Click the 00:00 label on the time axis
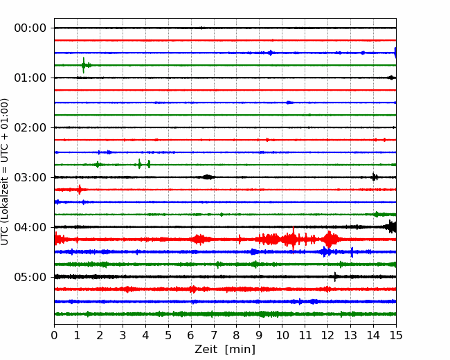(x=30, y=28)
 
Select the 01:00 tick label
(x=30, y=78)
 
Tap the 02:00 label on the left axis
(x=30, y=127)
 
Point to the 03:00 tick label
(x=30, y=177)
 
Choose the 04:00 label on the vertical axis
(x=30, y=227)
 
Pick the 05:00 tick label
(x=30, y=277)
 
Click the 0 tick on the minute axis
(x=54, y=335)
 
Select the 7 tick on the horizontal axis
(x=214, y=335)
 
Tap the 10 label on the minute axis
(x=282, y=335)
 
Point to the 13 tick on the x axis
(x=350, y=335)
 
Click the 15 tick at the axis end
(x=396, y=335)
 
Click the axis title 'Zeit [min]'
(x=225, y=350)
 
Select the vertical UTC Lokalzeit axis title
(x=5, y=172)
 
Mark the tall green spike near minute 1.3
(x=84, y=65)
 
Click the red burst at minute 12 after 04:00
(x=330, y=239)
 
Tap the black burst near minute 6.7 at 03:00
(x=208, y=177)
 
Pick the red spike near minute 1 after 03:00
(x=80, y=190)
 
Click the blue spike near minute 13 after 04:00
(x=352, y=252)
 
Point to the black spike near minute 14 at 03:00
(x=374, y=177)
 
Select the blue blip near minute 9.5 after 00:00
(x=271, y=53)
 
